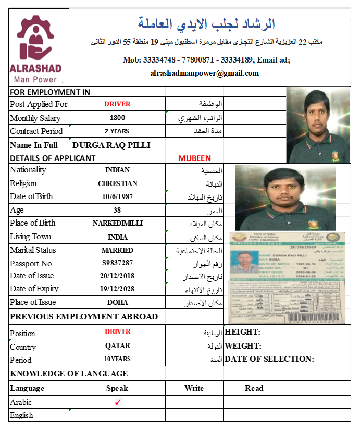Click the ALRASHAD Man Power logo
coord(35,50)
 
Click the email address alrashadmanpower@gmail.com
coord(204,73)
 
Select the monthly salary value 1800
coord(117,118)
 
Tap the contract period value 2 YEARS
coord(117,131)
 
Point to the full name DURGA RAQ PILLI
coord(111,145)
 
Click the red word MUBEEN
coord(194,158)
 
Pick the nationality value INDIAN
coord(117,170)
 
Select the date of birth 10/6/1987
coord(117,196)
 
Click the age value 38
coord(117,210)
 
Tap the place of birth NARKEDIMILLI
coord(117,223)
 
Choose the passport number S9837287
coord(117,263)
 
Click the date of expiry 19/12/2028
coord(117,289)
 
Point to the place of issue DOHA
coord(117,302)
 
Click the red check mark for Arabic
coord(118,401)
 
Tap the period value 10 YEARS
coord(117,359)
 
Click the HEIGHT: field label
coord(242,332)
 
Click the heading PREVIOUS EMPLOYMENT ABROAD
coord(84,317)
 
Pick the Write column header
coord(194,388)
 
